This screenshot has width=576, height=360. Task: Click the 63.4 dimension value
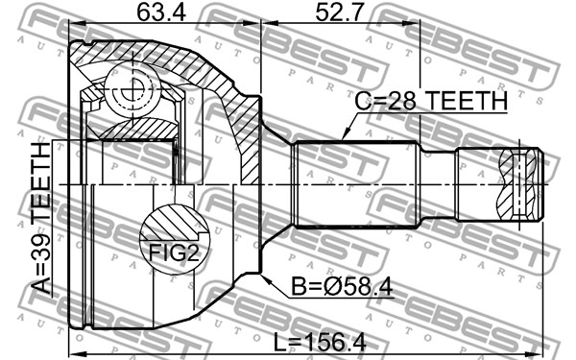point(161,12)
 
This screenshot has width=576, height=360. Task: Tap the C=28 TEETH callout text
point(431,101)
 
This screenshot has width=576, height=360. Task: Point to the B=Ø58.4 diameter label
point(343,286)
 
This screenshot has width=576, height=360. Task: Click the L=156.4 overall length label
point(321,343)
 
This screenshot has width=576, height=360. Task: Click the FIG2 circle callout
point(174,239)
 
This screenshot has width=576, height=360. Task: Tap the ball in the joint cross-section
point(132,89)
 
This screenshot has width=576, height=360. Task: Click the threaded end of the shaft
point(499,184)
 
